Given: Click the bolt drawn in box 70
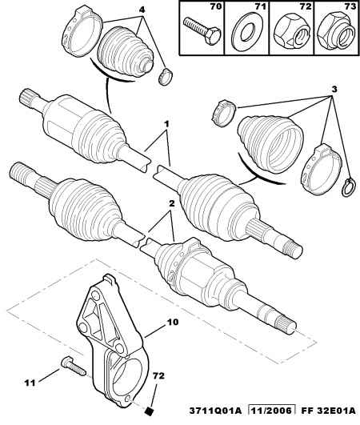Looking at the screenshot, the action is tap(202, 31).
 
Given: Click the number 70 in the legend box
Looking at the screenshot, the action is tap(216, 6).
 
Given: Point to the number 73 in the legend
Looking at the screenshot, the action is tap(350, 6).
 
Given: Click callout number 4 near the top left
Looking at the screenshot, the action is tap(142, 10).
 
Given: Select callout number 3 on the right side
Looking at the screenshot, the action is tap(334, 89).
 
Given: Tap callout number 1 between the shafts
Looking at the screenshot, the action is tap(167, 124).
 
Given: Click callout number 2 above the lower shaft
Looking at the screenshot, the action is tap(171, 203).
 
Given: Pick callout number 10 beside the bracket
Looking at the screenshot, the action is tap(173, 322).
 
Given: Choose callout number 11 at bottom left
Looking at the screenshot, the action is tap(30, 383).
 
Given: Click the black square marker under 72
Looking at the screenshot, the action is tap(149, 411).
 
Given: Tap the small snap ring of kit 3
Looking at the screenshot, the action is tap(348, 187).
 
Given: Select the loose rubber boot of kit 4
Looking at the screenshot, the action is tap(126, 54).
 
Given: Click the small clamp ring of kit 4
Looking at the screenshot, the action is tap(166, 77).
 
